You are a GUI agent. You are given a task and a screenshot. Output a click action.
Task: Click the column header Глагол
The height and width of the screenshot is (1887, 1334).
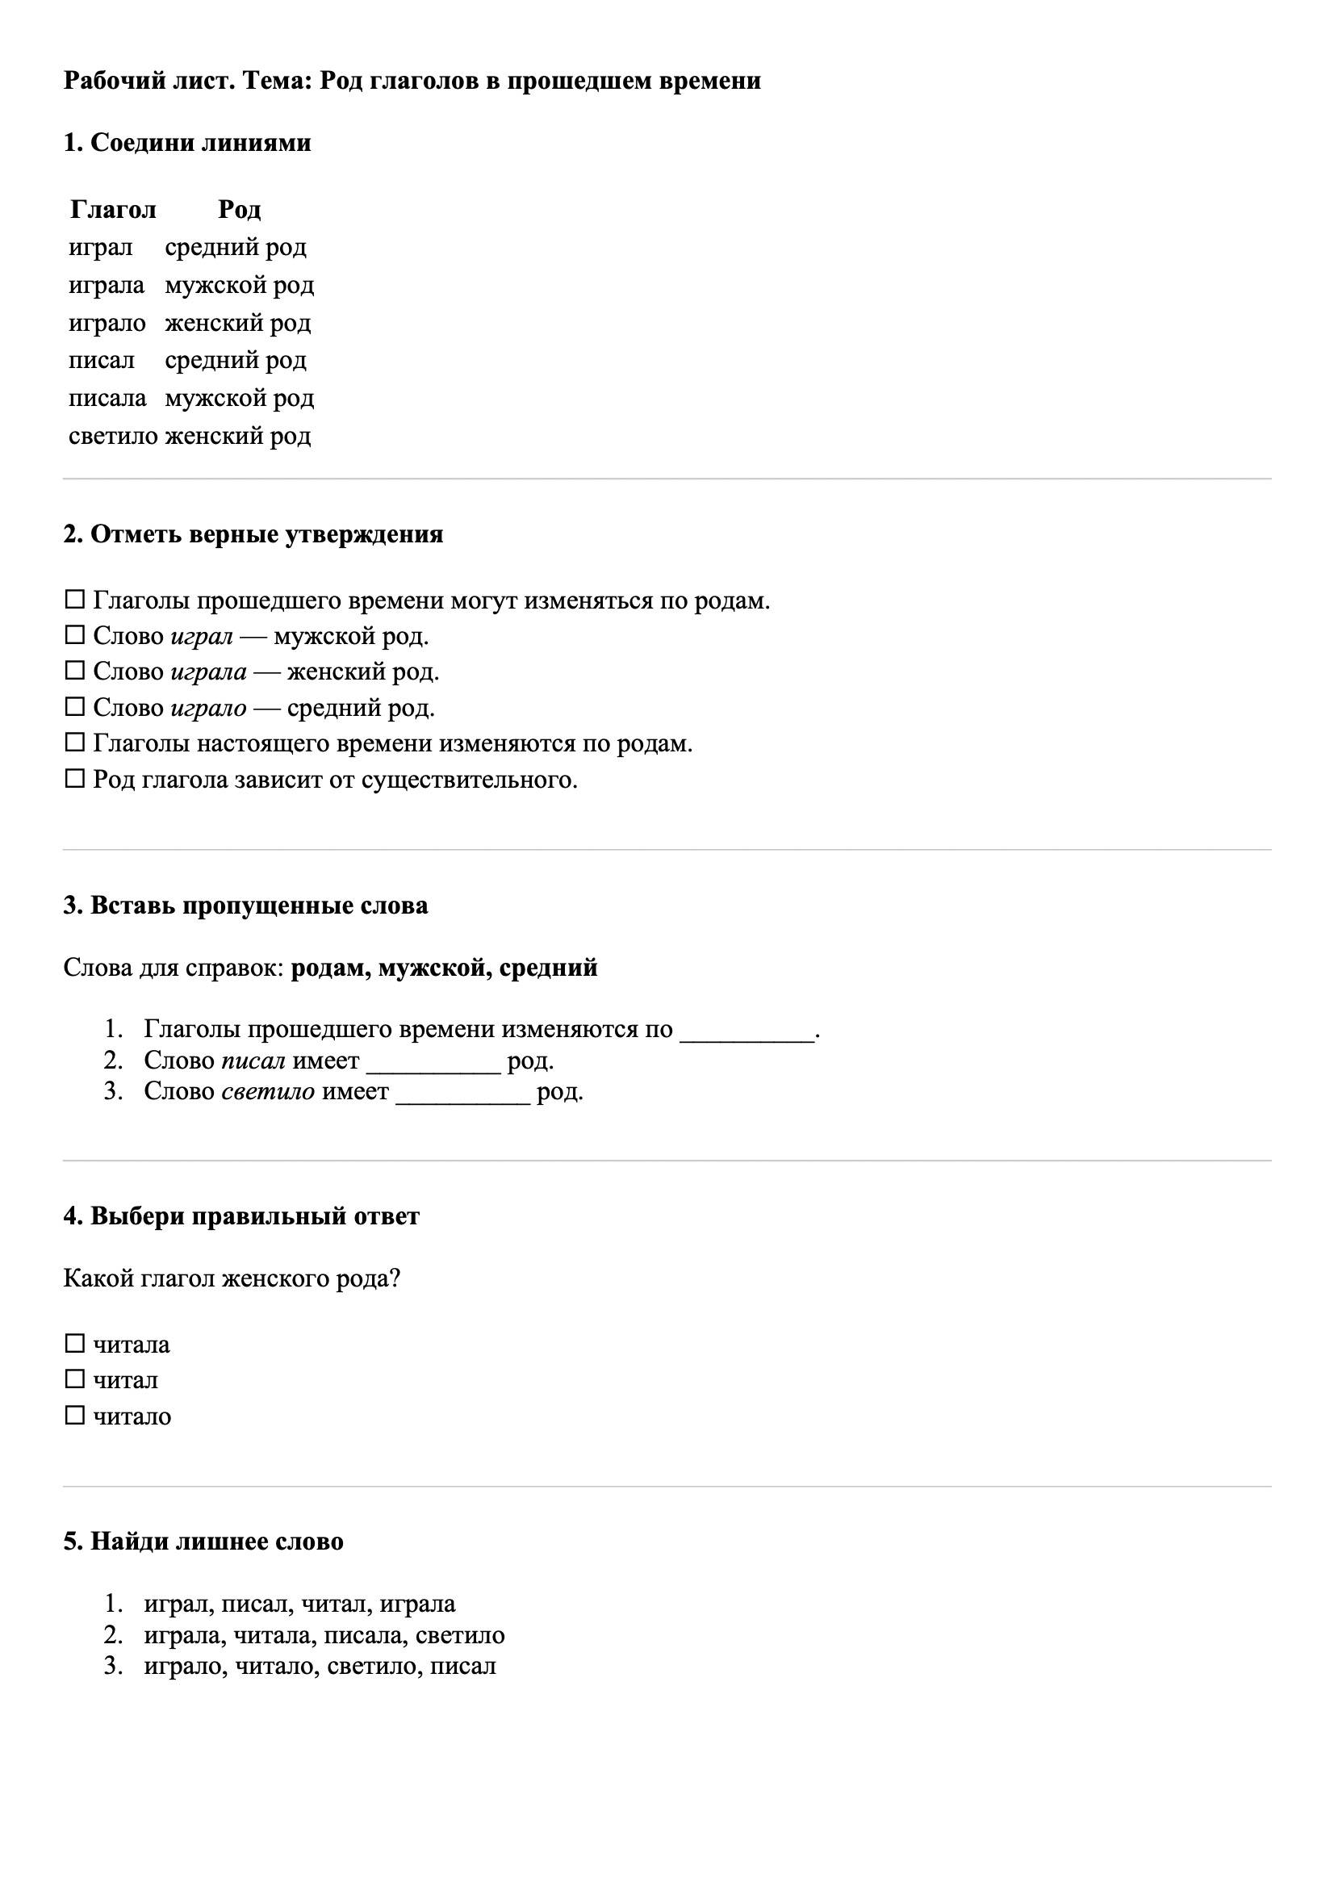113,210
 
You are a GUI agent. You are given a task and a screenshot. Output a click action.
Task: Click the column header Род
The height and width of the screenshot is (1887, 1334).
239,210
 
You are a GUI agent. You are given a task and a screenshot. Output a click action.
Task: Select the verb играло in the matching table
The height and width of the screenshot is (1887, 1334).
107,323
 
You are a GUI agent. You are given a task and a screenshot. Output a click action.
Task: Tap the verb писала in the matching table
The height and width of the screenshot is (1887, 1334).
107,399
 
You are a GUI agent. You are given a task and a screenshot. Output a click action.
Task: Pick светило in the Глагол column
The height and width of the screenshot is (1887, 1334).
113,437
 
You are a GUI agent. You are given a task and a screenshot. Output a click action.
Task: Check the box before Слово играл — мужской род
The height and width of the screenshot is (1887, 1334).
75,635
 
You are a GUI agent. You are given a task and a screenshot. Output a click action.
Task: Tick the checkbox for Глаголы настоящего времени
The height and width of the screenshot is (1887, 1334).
75,743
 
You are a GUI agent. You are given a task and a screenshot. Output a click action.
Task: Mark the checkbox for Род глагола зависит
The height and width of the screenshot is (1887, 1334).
75,778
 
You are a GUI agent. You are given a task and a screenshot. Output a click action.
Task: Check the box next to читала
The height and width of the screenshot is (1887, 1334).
75,1344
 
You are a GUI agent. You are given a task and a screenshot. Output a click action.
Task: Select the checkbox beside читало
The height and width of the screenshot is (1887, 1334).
75,1416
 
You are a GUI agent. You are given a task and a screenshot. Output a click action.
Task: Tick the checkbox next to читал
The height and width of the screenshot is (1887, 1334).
75,1379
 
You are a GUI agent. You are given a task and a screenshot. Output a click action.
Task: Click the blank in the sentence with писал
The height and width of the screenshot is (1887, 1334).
433,1061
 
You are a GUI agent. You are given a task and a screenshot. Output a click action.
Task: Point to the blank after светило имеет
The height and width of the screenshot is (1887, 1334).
462,1092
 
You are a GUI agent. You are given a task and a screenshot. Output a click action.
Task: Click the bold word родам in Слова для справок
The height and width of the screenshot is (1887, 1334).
326,969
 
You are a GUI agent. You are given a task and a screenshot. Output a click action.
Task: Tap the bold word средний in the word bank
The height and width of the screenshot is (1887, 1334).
548,969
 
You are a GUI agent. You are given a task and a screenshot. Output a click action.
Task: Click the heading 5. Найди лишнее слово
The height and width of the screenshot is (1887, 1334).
203,1541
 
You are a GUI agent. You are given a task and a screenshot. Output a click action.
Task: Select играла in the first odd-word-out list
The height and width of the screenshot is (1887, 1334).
416,1604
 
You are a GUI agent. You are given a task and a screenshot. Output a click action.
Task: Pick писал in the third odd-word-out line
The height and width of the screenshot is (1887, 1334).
462,1666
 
